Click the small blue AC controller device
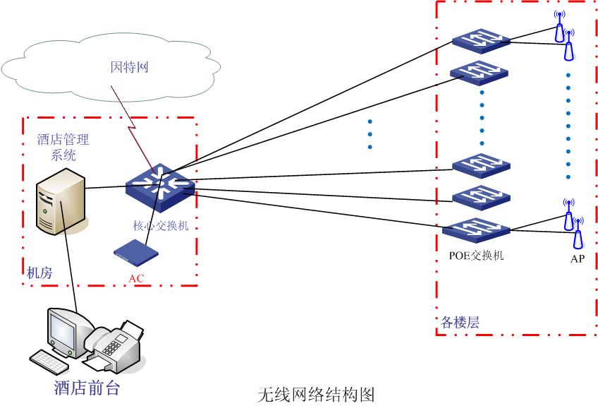coord(136,252)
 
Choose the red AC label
coord(136,278)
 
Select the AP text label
coord(578,258)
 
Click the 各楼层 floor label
coord(460,323)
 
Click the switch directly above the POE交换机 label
coord(476,229)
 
